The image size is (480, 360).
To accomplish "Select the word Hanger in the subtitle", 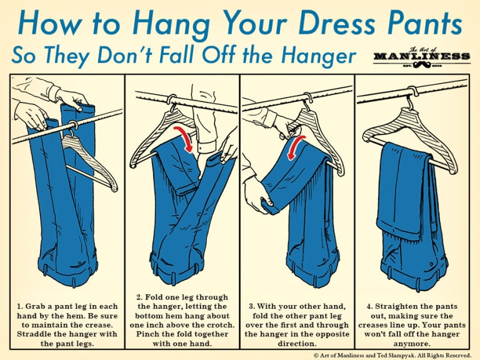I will coord(317,56).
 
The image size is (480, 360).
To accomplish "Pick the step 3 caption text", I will coord(297,324).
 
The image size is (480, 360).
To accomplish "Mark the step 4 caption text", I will coord(412,324).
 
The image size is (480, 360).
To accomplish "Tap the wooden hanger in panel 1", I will coord(87,156).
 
